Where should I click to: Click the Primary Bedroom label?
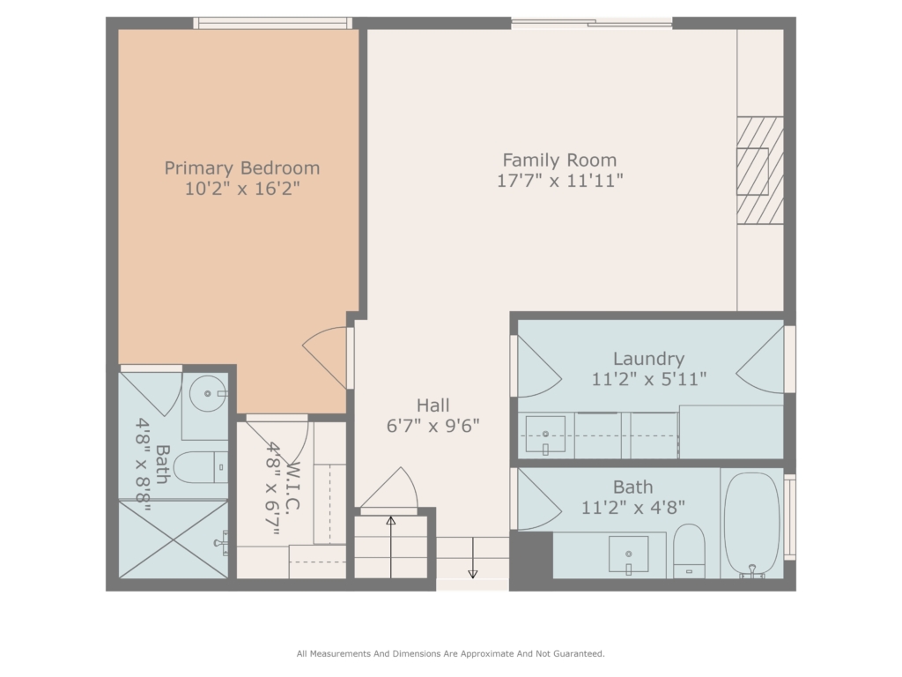click(241, 168)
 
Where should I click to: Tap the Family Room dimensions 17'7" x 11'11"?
click(559, 181)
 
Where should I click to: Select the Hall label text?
click(433, 405)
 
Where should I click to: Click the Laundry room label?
click(648, 360)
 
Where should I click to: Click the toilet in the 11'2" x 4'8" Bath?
click(689, 551)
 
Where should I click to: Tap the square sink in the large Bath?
click(628, 555)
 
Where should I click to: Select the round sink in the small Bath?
click(208, 394)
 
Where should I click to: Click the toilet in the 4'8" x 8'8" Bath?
click(200, 467)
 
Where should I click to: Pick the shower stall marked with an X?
click(174, 539)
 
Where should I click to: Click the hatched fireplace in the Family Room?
click(760, 170)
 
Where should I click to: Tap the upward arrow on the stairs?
click(390, 547)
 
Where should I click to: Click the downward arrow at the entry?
click(472, 558)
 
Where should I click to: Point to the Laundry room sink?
click(544, 435)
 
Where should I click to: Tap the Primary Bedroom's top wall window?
click(272, 23)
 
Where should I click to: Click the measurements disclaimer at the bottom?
click(450, 653)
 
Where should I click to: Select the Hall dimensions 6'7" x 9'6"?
click(433, 426)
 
